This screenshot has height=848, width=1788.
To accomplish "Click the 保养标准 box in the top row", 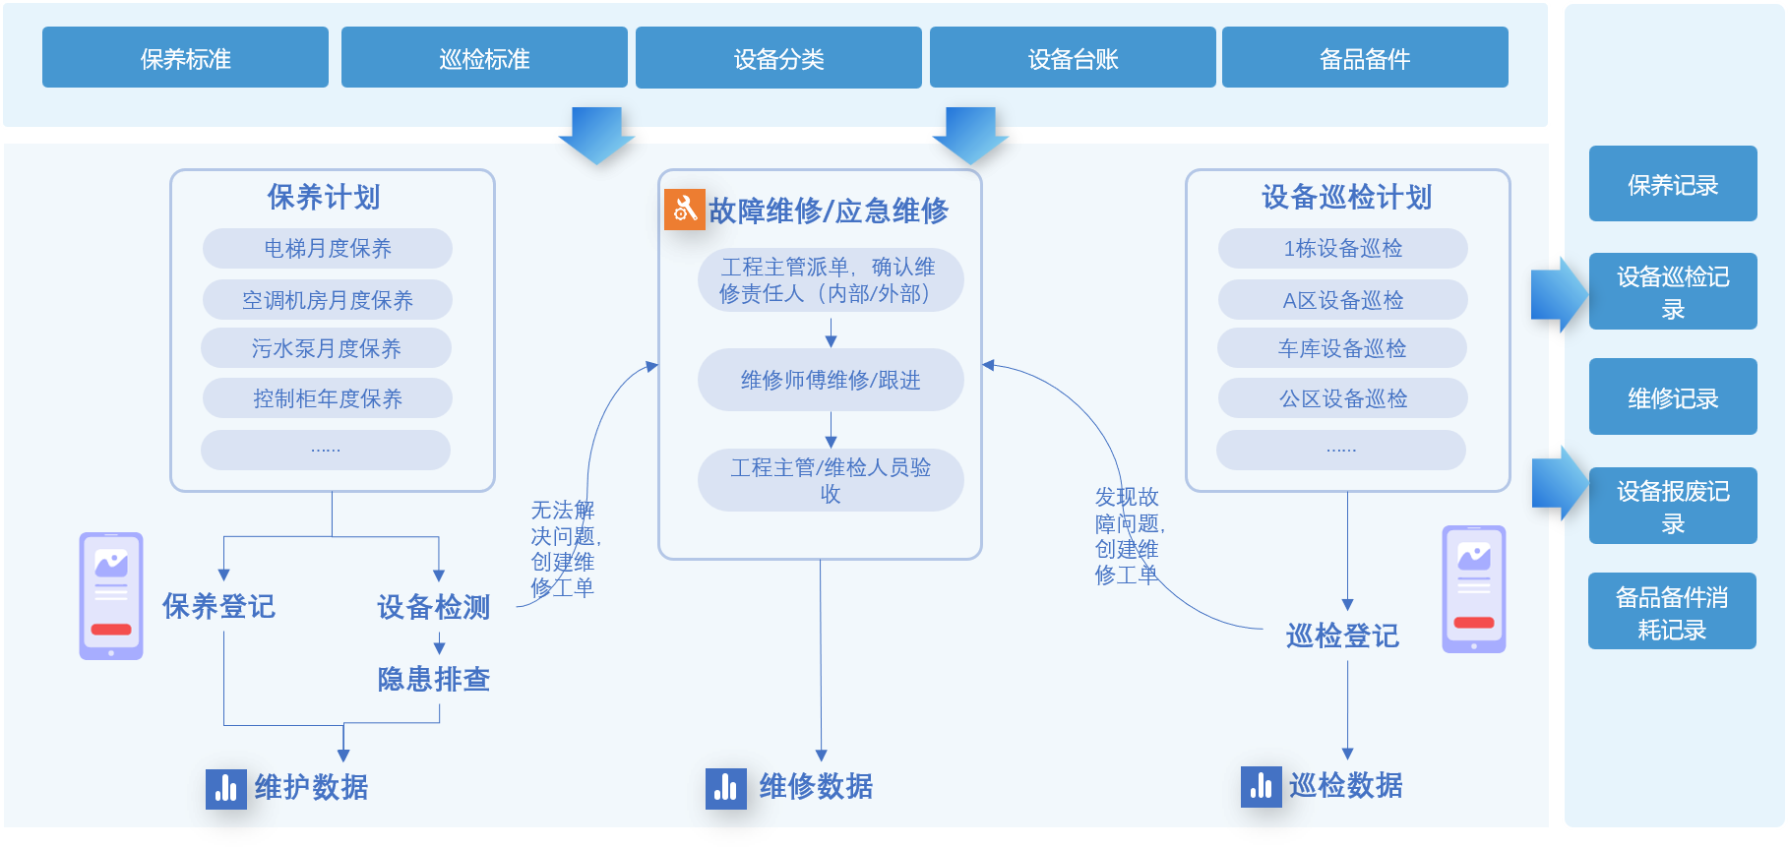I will click(185, 58).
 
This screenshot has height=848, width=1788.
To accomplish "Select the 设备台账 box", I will click(1073, 58).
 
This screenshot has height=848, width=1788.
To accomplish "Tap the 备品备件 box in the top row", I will click(1365, 58).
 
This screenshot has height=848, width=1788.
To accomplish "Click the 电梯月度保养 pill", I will click(328, 248).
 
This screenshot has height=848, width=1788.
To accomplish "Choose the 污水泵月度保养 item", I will click(327, 348).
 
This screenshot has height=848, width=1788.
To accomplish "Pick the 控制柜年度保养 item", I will click(328, 398).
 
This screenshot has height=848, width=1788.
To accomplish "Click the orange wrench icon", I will click(685, 209).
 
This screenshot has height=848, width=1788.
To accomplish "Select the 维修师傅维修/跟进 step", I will click(831, 380).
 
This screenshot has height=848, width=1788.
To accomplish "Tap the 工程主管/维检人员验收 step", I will click(831, 480).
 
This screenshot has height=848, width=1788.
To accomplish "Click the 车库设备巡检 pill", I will click(1342, 348).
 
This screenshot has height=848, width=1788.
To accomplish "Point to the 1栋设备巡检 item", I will click(1343, 248).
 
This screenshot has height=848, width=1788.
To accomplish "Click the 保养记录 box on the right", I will click(1673, 184).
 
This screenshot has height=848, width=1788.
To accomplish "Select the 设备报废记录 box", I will click(1673, 506).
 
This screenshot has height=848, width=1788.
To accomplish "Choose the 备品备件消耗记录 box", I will click(1672, 612).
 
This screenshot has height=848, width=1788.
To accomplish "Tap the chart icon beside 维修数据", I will click(726, 788).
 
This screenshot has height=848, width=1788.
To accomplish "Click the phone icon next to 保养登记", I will click(111, 596).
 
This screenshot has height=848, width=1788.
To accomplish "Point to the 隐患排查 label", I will click(434, 679).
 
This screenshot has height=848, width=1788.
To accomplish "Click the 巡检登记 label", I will click(1342, 636).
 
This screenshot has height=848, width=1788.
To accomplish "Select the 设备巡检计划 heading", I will click(1347, 197).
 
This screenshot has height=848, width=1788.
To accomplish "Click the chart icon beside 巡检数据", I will click(1262, 787).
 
